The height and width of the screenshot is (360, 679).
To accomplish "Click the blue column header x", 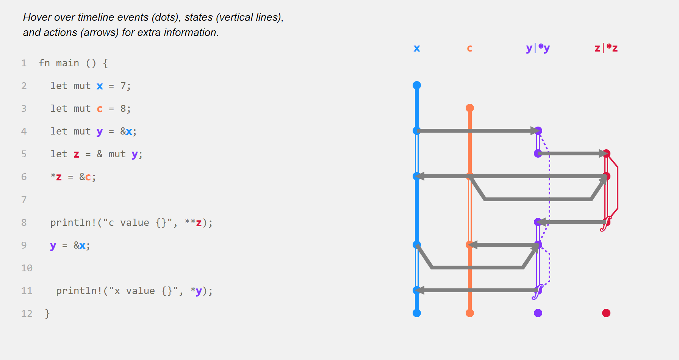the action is pyautogui.click(x=417, y=49).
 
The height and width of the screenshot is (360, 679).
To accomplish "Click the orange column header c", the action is pyautogui.click(x=470, y=49).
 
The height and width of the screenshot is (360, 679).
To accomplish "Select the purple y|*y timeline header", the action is pyautogui.click(x=538, y=48).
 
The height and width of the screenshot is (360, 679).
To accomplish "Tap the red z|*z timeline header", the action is pyautogui.click(x=606, y=48).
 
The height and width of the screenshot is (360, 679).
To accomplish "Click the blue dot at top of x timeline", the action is pyautogui.click(x=417, y=85).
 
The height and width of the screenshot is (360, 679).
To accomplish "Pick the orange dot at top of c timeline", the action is pyautogui.click(x=470, y=108).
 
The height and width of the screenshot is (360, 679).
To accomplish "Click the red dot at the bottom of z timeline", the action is pyautogui.click(x=606, y=313).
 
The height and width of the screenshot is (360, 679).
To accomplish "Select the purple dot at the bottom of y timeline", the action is pyautogui.click(x=538, y=313).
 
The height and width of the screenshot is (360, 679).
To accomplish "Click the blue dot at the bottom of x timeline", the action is pyautogui.click(x=417, y=313).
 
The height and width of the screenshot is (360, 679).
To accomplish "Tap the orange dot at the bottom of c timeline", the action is pyautogui.click(x=470, y=313).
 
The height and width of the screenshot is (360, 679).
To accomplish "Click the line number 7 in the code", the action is pyautogui.click(x=24, y=200).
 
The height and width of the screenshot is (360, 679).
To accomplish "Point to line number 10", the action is pyautogui.click(x=27, y=268).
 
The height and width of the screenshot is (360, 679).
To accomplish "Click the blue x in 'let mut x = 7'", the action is pyautogui.click(x=100, y=86).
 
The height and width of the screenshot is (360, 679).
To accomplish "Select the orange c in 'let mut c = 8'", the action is pyautogui.click(x=100, y=109).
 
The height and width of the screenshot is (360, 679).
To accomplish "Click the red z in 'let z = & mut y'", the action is pyautogui.click(x=77, y=155).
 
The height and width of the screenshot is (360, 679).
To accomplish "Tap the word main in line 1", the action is pyautogui.click(x=67, y=63).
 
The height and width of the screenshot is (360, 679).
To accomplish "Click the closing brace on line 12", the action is pyautogui.click(x=47, y=313).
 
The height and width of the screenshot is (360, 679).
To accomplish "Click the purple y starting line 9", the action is pyautogui.click(x=53, y=246).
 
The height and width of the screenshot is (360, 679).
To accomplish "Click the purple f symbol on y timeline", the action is pyautogui.click(x=537, y=292).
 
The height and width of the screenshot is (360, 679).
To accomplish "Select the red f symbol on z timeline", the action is pyautogui.click(x=605, y=224).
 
